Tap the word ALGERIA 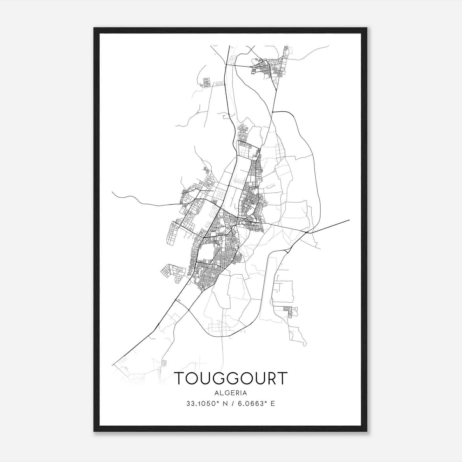230,393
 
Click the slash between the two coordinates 230,404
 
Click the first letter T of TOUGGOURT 180,378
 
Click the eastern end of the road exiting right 349,220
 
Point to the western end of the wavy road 112,192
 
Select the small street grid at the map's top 267,68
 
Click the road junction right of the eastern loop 307,232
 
